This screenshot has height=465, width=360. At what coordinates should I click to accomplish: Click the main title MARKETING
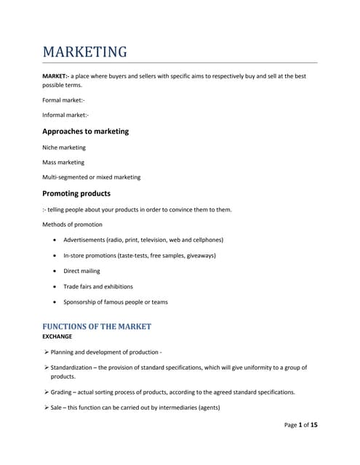[84, 52]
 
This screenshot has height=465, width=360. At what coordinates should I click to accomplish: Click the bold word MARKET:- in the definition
[56, 76]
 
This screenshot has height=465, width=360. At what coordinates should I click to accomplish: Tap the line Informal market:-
[65, 115]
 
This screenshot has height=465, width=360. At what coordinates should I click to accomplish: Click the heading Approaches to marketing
[85, 132]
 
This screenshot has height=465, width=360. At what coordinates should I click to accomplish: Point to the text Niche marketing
[64, 147]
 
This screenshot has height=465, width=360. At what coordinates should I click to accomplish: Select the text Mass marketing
[63, 162]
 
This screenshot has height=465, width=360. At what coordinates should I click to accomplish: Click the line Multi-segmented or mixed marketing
[92, 177]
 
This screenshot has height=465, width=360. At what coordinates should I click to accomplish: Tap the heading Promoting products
[76, 193]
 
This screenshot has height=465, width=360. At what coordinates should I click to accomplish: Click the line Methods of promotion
[73, 225]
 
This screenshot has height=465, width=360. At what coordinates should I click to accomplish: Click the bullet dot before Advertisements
[56, 240]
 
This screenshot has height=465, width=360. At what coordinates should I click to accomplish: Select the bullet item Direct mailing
[81, 271]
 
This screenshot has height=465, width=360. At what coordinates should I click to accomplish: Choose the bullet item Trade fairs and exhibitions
[98, 286]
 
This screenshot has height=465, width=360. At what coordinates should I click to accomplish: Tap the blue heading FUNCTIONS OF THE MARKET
[97, 326]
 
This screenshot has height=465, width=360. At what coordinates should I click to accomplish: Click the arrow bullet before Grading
[46, 392]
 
